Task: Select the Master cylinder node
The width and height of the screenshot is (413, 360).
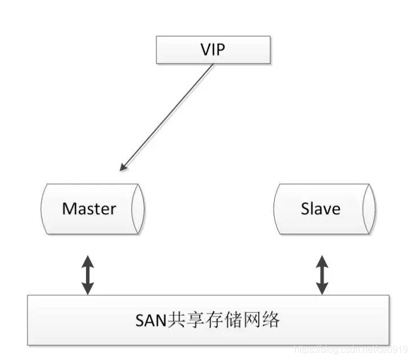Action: coord(92,209)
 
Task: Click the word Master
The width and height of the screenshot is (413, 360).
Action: coord(89,209)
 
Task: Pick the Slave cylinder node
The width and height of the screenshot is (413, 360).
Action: coord(324,209)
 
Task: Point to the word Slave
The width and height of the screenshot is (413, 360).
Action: coord(320,209)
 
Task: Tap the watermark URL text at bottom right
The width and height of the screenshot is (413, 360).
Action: coord(350,349)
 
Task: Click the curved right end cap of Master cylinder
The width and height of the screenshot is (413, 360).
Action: coord(138,209)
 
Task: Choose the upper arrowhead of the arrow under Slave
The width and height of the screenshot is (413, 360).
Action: coord(322,261)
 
